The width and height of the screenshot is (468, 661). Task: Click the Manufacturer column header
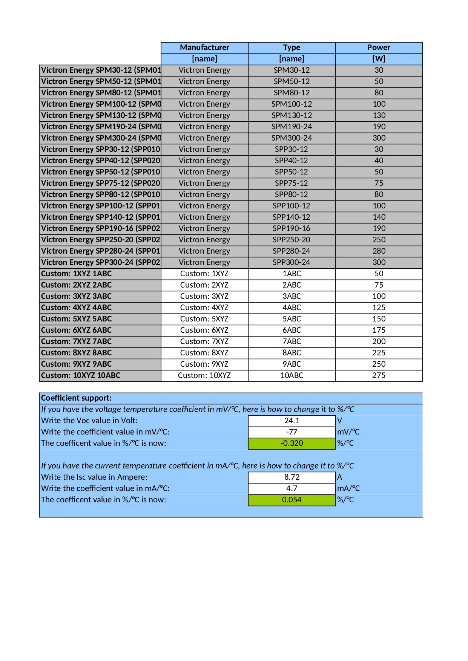[204, 47]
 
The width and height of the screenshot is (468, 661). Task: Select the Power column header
[379, 47]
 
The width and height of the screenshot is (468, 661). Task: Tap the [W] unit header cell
[379, 59]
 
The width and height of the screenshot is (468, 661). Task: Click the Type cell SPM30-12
[292, 70]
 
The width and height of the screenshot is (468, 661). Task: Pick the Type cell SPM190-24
[292, 127]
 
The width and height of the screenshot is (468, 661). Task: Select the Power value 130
[379, 115]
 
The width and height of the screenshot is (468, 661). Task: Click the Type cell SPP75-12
[292, 183]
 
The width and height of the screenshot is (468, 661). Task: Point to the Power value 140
[379, 217]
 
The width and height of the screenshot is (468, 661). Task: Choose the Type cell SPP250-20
[292, 240]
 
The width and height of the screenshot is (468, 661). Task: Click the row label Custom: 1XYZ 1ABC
[77, 274]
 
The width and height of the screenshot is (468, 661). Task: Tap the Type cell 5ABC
[292, 319]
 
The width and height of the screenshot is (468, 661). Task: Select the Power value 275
[379, 375]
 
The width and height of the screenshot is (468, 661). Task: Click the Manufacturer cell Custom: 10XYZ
[204, 375]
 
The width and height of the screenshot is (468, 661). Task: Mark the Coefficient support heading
[77, 398]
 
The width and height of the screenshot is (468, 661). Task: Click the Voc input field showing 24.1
[292, 421]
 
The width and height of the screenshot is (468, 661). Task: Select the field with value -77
[292, 432]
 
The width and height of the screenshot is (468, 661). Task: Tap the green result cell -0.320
[292, 443]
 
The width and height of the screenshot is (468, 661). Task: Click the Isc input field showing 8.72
[292, 477]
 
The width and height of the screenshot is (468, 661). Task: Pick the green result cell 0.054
[292, 500]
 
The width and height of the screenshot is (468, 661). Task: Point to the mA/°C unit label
[348, 488]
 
